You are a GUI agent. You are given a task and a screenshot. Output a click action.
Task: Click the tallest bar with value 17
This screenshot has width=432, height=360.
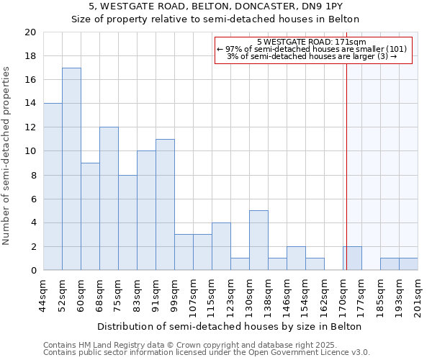coord(71,169)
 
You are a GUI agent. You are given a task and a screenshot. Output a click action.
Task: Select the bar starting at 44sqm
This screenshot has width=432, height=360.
coord(53,186)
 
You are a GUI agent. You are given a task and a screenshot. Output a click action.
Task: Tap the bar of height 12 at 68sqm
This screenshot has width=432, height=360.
coord(109,199)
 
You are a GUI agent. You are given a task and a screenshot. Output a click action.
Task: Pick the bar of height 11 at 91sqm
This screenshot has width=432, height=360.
coord(165,204)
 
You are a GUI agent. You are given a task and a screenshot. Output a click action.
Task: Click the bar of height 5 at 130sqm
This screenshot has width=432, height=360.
coord(258,240)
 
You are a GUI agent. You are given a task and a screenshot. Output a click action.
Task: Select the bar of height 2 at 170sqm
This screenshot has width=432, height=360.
coord(352,258)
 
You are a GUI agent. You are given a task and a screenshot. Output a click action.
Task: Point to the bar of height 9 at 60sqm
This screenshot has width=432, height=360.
coord(90,217)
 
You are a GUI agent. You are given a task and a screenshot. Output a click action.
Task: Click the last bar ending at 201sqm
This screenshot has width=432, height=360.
coord(408,264)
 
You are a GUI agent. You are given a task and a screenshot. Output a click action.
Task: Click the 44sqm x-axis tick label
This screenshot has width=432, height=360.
coord(44,294)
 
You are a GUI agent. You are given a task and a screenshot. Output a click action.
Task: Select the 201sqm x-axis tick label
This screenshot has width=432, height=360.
coord(418,297)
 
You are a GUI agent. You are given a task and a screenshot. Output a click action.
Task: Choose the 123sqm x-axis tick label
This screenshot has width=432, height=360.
coord(231,297)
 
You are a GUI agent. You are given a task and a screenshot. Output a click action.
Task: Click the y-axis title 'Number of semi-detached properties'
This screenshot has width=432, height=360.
coord(7,156)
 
